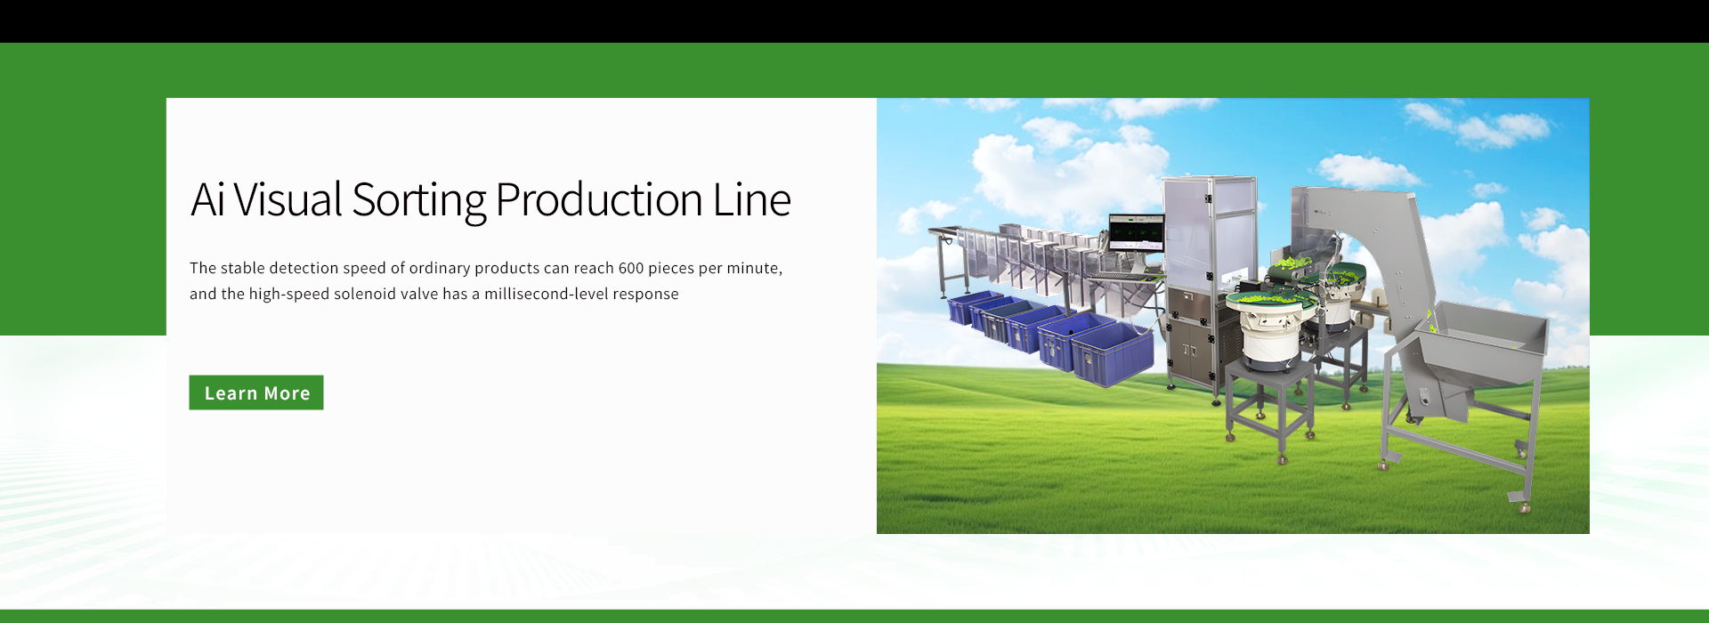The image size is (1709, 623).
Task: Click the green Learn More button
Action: (x=256, y=392)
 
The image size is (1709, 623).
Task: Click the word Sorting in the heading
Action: (x=418, y=200)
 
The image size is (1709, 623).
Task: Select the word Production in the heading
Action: (x=599, y=199)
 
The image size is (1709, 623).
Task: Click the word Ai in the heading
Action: (x=207, y=199)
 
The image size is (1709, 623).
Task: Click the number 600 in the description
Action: (x=631, y=268)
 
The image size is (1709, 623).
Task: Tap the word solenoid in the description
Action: (x=364, y=294)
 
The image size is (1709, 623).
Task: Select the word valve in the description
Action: (x=419, y=294)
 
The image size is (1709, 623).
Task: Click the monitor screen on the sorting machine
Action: (x=1136, y=233)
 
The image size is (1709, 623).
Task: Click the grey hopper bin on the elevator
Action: (x=1482, y=342)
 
